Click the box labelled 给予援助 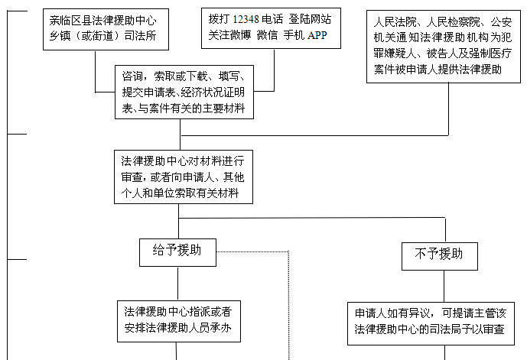(x=177, y=251)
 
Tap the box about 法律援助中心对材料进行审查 (x=180, y=177)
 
